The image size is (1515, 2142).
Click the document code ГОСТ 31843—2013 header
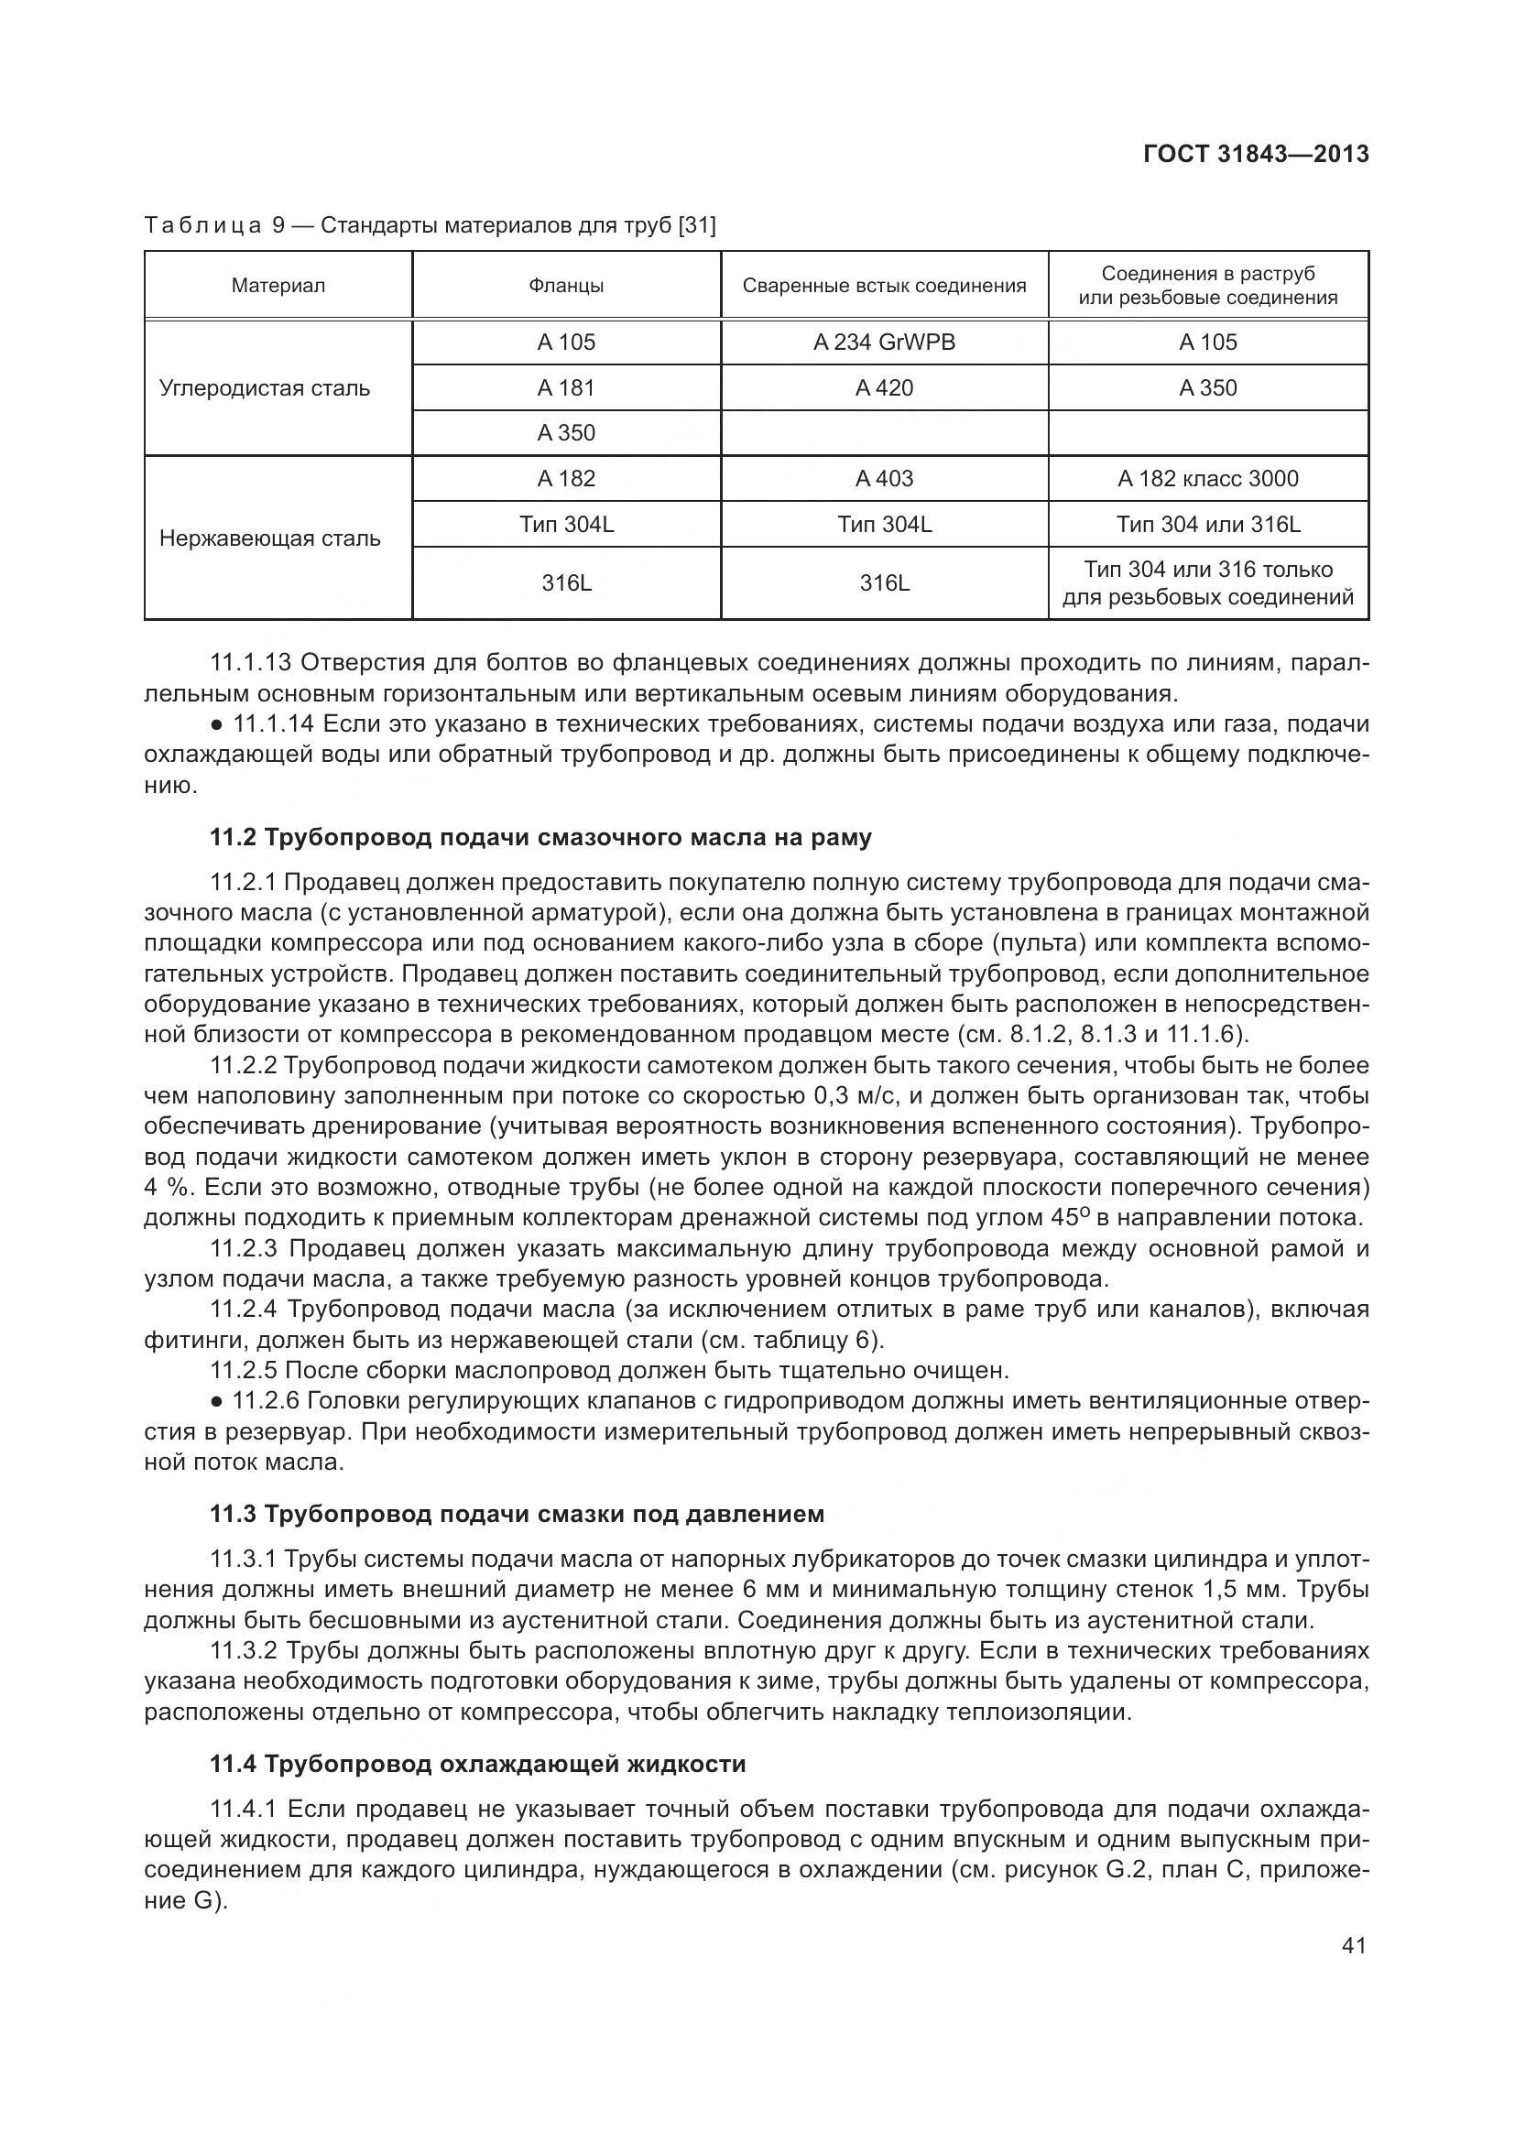click(1256, 154)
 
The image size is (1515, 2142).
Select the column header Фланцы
click(566, 286)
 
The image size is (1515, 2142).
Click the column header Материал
click(278, 286)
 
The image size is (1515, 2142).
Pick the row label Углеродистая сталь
click(265, 388)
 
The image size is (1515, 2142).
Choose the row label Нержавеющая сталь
click(269, 538)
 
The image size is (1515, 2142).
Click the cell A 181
click(566, 388)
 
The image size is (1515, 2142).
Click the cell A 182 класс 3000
click(1207, 479)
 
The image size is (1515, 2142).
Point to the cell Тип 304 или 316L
click(1207, 525)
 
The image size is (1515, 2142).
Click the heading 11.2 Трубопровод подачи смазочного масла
click(541, 838)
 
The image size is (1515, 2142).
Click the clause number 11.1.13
click(250, 663)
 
